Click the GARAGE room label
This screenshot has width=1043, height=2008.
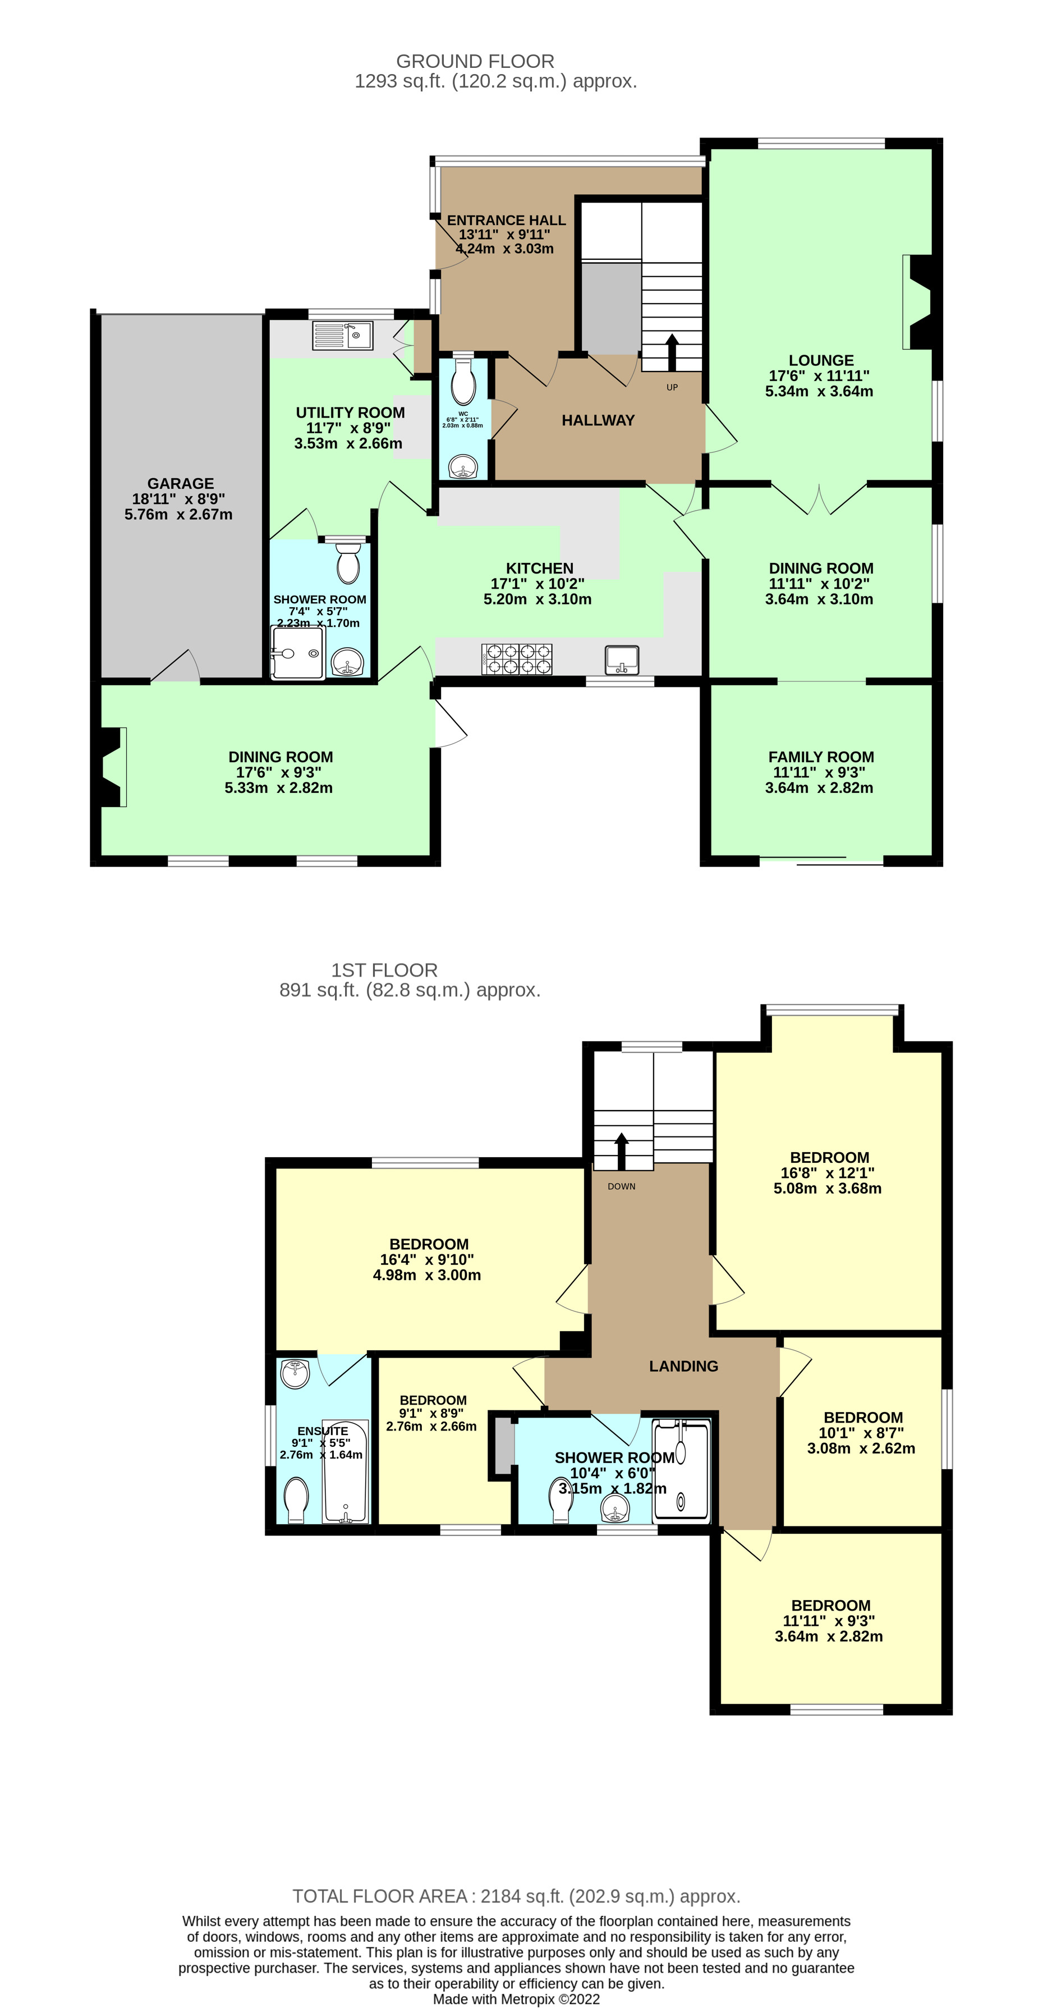pyautogui.click(x=180, y=483)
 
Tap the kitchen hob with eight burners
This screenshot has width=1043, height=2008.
pyautogui.click(x=517, y=659)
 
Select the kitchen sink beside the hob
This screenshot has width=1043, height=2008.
pyautogui.click(x=621, y=659)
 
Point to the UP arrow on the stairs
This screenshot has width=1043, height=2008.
pyautogui.click(x=671, y=351)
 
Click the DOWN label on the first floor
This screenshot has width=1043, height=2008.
pyautogui.click(x=621, y=1186)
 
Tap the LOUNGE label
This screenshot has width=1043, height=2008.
pyautogui.click(x=821, y=360)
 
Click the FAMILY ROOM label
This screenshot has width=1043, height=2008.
pyautogui.click(x=821, y=757)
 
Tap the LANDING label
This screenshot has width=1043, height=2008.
pyautogui.click(x=683, y=1365)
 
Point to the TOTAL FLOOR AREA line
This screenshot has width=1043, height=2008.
pyautogui.click(x=516, y=1896)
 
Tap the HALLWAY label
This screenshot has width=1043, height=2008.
pyautogui.click(x=598, y=420)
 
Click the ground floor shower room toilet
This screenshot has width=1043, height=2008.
pyautogui.click(x=348, y=563)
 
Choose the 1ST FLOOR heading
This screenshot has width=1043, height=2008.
pyautogui.click(x=384, y=970)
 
